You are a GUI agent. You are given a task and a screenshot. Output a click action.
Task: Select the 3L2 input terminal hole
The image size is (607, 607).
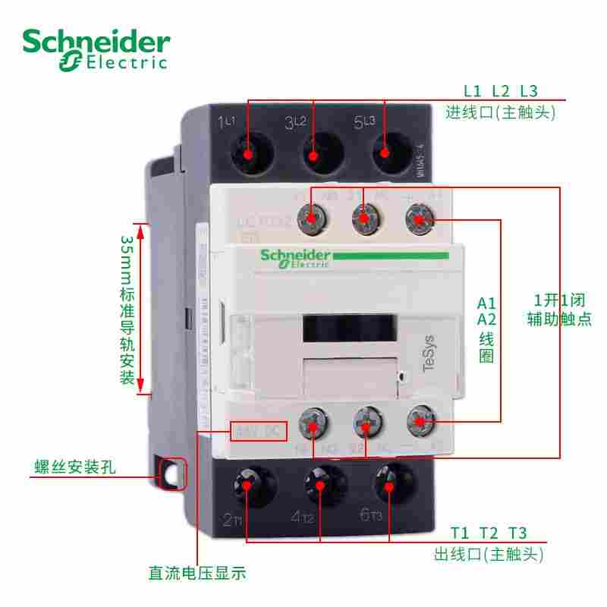(313, 152)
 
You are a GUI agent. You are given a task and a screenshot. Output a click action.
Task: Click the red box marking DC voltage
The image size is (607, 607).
(259, 432)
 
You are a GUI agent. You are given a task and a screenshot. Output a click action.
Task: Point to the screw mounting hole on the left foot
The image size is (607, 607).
(174, 475)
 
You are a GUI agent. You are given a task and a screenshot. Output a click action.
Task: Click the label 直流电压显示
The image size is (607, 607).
(198, 572)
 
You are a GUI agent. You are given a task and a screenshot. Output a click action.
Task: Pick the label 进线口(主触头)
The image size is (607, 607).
(501, 113)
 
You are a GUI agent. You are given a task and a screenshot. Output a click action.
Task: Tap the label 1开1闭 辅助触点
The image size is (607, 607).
(559, 309)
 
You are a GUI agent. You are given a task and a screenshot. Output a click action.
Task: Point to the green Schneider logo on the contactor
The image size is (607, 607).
(295, 259)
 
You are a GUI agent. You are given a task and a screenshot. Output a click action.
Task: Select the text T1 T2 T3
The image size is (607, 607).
(489, 531)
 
